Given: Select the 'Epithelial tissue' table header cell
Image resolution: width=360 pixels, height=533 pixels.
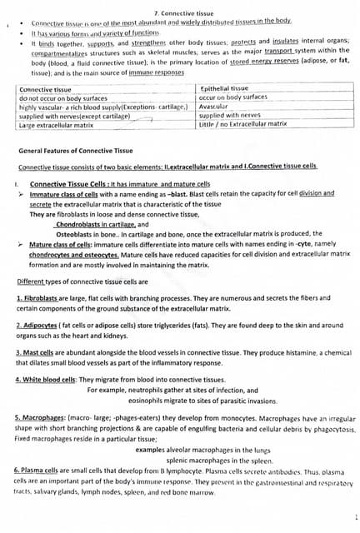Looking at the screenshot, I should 225,88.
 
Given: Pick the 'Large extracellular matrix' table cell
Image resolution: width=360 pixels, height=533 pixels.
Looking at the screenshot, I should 57,125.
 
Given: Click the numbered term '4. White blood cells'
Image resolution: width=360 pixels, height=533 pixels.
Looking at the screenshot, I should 46,380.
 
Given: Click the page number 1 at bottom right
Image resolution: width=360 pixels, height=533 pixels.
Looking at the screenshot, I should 354,517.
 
